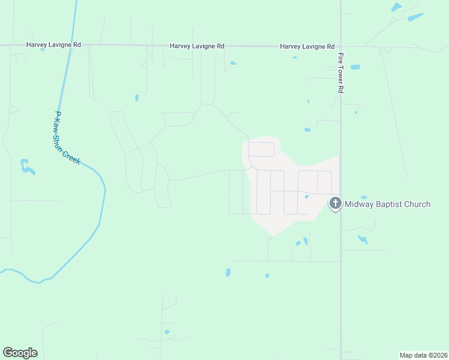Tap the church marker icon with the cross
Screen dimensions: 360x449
335,204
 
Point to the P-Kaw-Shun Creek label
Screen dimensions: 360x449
67,138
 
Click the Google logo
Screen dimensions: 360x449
20,353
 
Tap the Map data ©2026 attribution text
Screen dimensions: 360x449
423,355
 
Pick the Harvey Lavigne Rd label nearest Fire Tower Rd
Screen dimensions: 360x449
307,46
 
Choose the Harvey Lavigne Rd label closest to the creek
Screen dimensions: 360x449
53,44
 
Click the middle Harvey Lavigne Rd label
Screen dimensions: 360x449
197,46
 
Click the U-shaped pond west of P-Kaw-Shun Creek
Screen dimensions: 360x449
26,167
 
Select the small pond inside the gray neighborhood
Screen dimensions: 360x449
307,196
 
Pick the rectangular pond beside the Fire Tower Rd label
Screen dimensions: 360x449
355,67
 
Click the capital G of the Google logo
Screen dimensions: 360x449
8,352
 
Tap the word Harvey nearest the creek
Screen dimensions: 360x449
36,44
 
